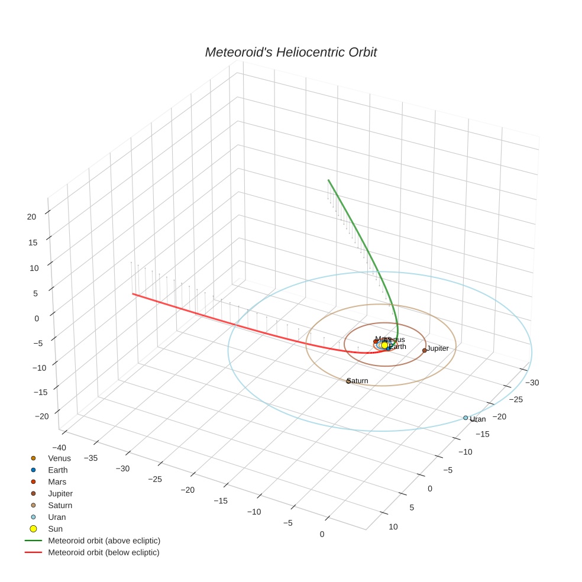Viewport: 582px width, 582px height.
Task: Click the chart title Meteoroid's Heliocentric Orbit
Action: pyautogui.click(x=290, y=53)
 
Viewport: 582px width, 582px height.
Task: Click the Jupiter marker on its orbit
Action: pyautogui.click(x=424, y=350)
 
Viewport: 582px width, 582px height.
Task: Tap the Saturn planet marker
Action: pyautogui.click(x=348, y=381)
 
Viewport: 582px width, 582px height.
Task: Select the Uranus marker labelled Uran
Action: pyautogui.click(x=465, y=418)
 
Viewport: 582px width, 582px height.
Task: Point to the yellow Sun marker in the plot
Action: pyautogui.click(x=384, y=345)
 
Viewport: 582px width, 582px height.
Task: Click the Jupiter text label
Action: pyautogui.click(x=438, y=348)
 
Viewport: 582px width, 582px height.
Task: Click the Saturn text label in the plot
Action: pyautogui.click(x=358, y=381)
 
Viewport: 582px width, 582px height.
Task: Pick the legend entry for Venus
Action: pyautogui.click(x=59, y=458)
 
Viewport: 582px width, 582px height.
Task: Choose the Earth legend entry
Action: pyautogui.click(x=57, y=470)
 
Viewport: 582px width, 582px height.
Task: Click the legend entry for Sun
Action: pyautogui.click(x=55, y=529)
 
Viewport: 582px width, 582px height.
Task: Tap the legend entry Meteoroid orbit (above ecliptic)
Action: pyautogui.click(x=104, y=541)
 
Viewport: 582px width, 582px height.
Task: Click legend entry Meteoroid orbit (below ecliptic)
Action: pyautogui.click(x=104, y=552)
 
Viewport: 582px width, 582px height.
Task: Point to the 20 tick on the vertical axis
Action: pyautogui.click(x=31, y=216)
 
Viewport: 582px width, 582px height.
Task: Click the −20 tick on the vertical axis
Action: pyautogui.click(x=41, y=416)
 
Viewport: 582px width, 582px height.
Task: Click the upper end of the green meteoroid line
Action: pyautogui.click(x=328, y=180)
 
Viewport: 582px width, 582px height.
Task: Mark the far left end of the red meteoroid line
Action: pyautogui.click(x=132, y=293)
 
